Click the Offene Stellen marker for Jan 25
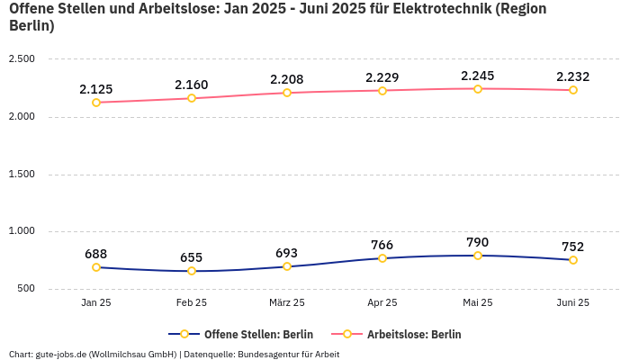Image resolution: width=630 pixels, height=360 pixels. pos(96,267)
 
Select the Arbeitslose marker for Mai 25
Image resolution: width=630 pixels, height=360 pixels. pos(478,89)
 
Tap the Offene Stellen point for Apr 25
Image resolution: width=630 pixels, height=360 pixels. pos(382,258)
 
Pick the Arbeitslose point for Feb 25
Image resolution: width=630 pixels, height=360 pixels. pos(192,98)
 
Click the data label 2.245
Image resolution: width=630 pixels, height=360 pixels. pos(477,76)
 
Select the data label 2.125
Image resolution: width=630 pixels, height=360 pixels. pos(96,89)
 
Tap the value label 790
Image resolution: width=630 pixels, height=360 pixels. pos(478,242)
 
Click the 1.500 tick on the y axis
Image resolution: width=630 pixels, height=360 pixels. pos(22,175)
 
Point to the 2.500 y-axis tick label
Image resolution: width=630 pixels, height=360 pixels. pos(22,59)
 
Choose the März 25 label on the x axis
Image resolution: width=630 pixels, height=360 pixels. pos(287,303)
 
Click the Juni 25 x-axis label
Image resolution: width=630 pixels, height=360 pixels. pos(573,303)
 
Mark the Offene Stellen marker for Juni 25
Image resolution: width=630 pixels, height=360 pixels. pos(573,260)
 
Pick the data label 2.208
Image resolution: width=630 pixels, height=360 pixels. pos(287,79)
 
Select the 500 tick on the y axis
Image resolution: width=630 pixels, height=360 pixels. pos(25,289)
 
